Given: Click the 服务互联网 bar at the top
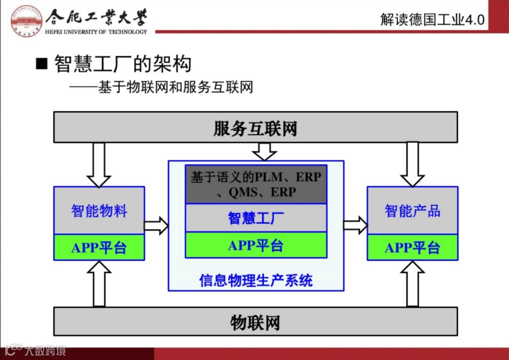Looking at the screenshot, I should [255, 127].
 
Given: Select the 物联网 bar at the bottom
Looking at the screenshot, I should [255, 322].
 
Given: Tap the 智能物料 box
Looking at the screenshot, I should [99, 211].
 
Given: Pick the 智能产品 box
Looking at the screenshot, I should [412, 211].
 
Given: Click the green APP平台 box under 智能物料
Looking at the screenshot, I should [99, 247].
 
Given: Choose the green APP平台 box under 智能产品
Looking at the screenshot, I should [412, 247].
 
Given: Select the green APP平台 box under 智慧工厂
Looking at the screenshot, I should [255, 245].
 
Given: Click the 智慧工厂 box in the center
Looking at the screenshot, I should [255, 218].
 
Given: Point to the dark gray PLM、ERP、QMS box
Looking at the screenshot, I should [255, 184].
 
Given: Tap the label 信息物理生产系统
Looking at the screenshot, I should [255, 281].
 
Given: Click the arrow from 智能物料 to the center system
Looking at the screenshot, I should [156, 225].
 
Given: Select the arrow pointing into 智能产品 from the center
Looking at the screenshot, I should [355, 225].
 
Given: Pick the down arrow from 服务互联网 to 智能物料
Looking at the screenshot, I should [99, 164].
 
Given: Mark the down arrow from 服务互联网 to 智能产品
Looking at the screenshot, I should [412, 164].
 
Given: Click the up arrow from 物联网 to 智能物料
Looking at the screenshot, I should [99, 284].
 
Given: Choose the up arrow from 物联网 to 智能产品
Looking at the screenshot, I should [412, 284].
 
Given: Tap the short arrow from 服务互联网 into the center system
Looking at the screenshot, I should [264, 151].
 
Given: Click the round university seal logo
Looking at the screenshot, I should [26, 20].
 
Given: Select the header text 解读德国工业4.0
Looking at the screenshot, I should [432, 19].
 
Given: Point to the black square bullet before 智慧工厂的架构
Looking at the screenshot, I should [42, 64].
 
